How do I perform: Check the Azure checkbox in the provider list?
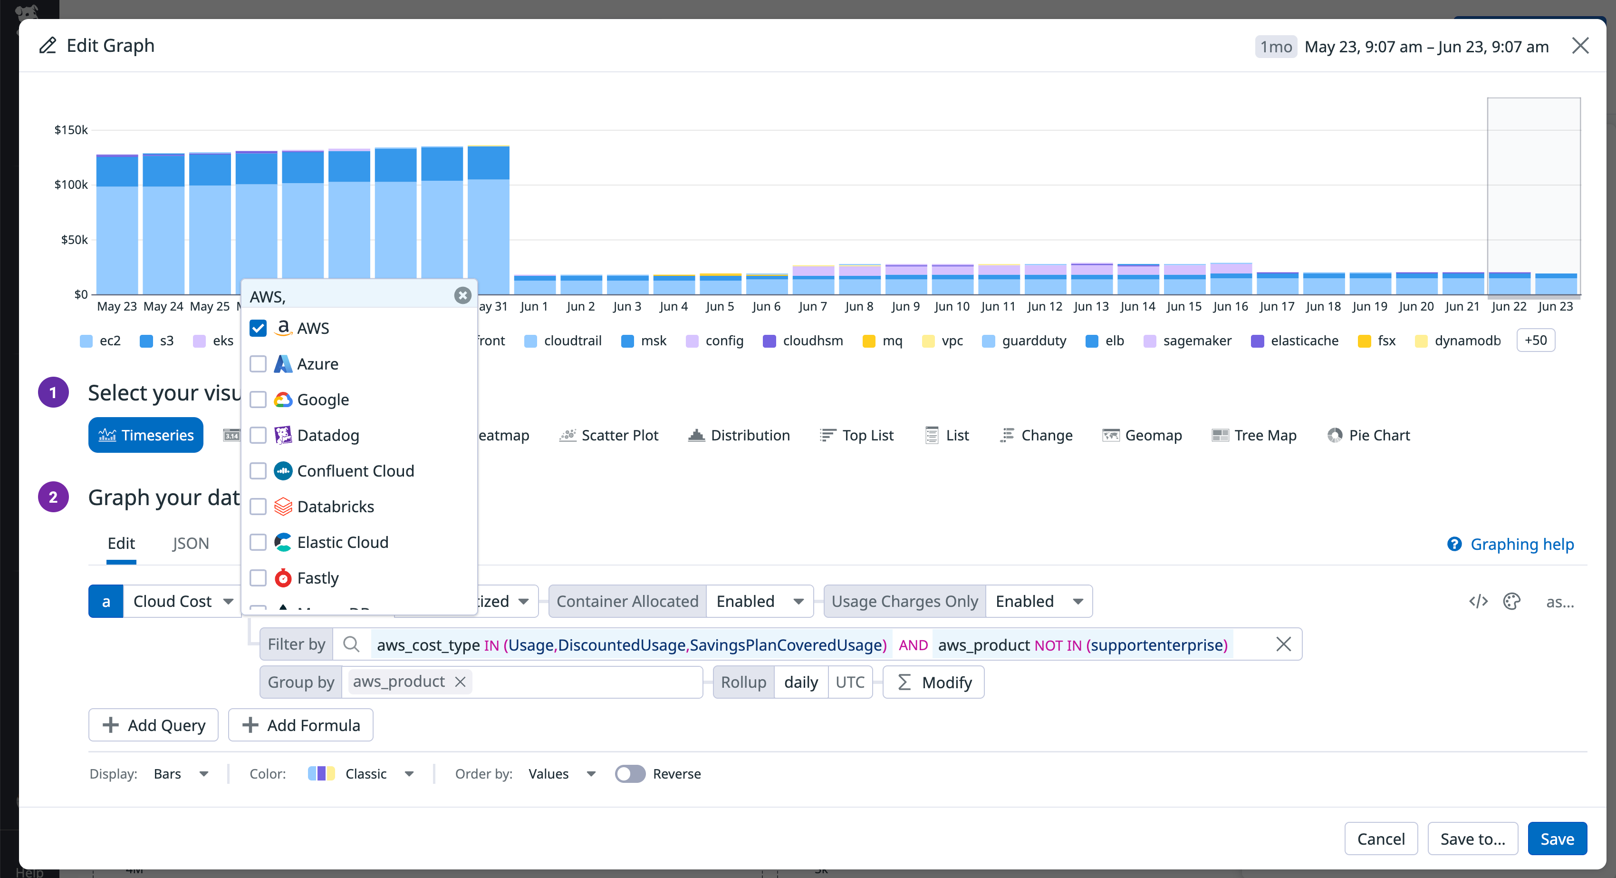tap(258, 364)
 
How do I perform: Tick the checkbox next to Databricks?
tap(258, 507)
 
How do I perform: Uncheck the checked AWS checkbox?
tap(258, 328)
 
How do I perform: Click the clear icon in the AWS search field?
tap(462, 295)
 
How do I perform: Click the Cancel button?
tap(1380, 839)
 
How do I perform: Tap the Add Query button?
tap(154, 725)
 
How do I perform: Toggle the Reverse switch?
tap(630, 774)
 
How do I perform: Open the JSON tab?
tap(191, 544)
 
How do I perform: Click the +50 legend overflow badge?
tap(1535, 340)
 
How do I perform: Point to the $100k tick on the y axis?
tap(71, 185)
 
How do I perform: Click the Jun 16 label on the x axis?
tap(1230, 306)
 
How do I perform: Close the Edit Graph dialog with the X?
tap(1579, 46)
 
